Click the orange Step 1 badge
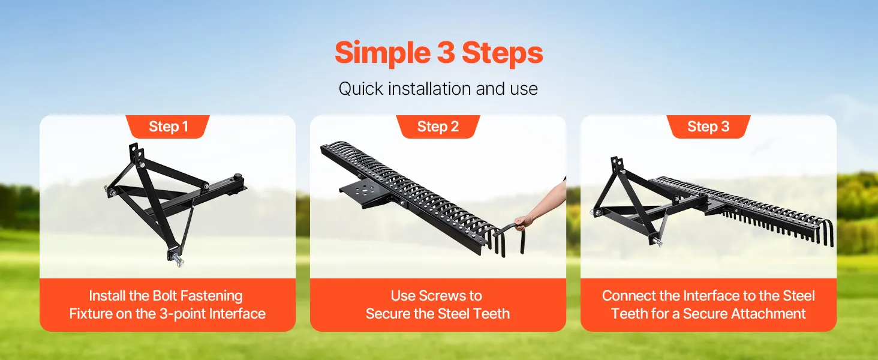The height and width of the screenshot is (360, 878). point(168,127)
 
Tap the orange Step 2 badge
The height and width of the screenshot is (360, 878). point(438,127)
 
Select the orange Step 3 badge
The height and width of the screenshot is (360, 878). point(708,127)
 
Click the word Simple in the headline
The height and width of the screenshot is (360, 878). point(383,53)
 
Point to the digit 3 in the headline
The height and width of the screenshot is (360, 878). point(446,53)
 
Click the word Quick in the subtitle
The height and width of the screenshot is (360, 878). point(360,89)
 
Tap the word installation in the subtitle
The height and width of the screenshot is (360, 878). point(429,89)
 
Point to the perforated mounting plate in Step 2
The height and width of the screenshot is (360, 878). point(363,194)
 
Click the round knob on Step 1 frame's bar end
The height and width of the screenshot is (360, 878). point(237,177)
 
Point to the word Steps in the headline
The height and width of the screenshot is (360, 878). point(503,53)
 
